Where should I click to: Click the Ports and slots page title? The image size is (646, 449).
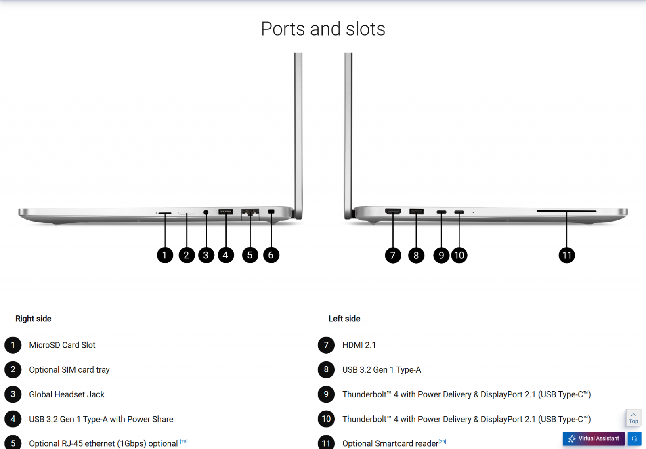323,29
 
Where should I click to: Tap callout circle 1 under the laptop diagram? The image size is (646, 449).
165,255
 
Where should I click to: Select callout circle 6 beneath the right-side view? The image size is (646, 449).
271,255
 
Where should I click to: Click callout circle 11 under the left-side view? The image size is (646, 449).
566,255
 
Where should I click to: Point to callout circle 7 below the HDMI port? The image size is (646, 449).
393,255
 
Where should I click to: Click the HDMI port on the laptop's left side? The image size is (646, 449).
393,211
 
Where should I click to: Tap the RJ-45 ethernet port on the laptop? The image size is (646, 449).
250,212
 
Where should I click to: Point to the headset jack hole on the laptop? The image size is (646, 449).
206,212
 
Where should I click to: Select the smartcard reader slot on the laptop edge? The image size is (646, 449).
566,211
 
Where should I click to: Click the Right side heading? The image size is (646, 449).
34,319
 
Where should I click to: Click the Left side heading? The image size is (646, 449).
344,319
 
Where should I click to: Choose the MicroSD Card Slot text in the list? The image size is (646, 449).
62,345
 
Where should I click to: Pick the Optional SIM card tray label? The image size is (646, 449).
69,370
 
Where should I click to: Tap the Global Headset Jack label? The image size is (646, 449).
67,394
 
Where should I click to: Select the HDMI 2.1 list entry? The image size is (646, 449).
359,345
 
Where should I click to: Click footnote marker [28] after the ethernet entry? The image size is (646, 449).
184,442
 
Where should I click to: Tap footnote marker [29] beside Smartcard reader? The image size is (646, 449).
443,442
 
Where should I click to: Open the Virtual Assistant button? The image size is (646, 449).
594,439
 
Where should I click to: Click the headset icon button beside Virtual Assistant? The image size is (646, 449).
634,439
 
